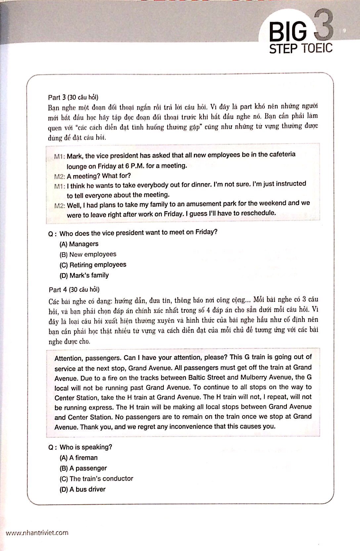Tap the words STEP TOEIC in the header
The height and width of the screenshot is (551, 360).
click(300, 48)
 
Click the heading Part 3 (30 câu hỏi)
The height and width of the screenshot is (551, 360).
click(73, 97)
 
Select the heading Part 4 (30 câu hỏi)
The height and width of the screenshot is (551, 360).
click(74, 289)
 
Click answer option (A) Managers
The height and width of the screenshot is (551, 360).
click(79, 244)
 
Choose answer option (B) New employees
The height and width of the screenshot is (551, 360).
click(88, 254)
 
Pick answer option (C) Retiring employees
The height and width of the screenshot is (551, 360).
click(93, 265)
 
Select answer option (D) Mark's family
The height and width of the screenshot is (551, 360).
click(84, 275)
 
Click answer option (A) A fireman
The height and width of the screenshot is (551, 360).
click(78, 458)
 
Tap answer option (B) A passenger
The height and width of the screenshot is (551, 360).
click(83, 468)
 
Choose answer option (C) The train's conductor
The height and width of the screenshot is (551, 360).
click(96, 479)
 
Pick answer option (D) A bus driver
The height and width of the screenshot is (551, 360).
click(82, 489)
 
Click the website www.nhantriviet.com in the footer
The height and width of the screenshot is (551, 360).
click(37, 533)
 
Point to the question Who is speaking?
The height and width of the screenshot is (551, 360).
click(86, 447)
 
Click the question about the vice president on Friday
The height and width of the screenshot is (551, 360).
click(138, 233)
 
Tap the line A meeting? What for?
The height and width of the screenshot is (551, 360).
click(99, 176)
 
